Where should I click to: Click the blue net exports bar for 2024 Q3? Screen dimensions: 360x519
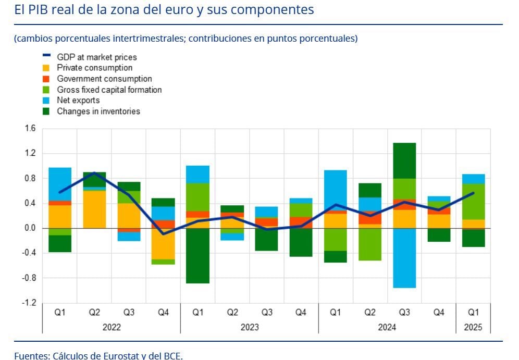click(x=405, y=258)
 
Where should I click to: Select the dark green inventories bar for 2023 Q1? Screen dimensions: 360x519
click(x=198, y=255)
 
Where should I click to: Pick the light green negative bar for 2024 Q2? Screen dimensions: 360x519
click(x=370, y=244)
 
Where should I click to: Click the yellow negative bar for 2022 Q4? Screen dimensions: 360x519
click(x=163, y=243)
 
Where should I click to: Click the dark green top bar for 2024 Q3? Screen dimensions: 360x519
click(x=405, y=160)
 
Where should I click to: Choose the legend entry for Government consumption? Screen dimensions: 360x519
click(x=104, y=79)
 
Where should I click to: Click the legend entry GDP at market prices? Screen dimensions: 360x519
click(x=96, y=57)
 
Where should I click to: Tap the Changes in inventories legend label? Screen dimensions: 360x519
click(x=98, y=111)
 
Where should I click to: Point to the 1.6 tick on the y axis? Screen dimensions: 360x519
click(x=30, y=129)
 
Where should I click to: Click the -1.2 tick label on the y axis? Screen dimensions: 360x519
click(x=29, y=303)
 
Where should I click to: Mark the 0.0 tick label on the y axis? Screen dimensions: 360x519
click(x=30, y=228)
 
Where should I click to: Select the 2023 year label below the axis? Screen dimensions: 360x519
click(x=250, y=327)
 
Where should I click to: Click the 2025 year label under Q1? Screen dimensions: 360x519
click(x=473, y=327)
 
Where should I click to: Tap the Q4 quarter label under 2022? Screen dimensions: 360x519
click(x=163, y=313)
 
